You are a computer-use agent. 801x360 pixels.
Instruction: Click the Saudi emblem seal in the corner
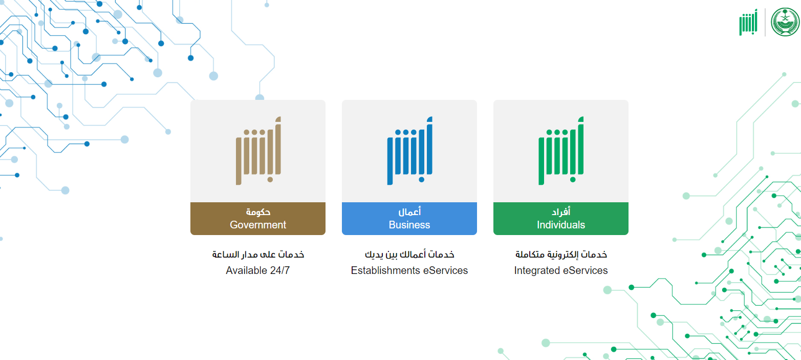pyautogui.click(x=785, y=22)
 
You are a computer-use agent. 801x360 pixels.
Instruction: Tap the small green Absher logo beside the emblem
pyautogui.click(x=748, y=22)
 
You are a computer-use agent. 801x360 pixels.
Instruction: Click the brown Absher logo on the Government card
pyautogui.click(x=258, y=151)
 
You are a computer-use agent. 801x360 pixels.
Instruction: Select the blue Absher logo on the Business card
pyautogui.click(x=409, y=151)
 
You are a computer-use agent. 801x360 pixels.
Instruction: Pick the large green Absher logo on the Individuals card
pyautogui.click(x=561, y=151)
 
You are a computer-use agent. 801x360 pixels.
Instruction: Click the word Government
pyautogui.click(x=258, y=225)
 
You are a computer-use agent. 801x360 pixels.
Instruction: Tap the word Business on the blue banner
pyautogui.click(x=409, y=225)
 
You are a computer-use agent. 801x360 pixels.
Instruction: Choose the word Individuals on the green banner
pyautogui.click(x=561, y=225)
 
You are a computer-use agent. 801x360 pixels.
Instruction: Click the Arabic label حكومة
pyautogui.click(x=258, y=212)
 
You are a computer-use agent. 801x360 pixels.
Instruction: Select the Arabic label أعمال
pyautogui.click(x=409, y=212)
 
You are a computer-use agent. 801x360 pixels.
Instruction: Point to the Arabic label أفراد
pyautogui.click(x=561, y=212)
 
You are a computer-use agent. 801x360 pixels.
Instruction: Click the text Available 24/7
pyautogui.click(x=258, y=270)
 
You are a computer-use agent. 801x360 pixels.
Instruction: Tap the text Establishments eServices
pyautogui.click(x=409, y=270)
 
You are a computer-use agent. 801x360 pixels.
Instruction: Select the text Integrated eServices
pyautogui.click(x=561, y=270)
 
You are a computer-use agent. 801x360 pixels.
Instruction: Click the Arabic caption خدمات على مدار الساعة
pyautogui.click(x=258, y=255)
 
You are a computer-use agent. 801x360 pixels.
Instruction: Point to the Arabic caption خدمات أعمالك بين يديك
pyautogui.click(x=409, y=255)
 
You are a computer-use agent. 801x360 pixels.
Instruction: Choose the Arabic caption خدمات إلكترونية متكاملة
pyautogui.click(x=561, y=255)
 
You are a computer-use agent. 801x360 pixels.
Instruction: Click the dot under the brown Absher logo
pyautogui.click(x=270, y=180)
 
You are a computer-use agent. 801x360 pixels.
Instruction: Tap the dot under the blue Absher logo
pyautogui.click(x=421, y=180)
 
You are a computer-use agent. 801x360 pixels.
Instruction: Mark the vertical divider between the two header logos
pyautogui.click(x=765, y=22)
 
